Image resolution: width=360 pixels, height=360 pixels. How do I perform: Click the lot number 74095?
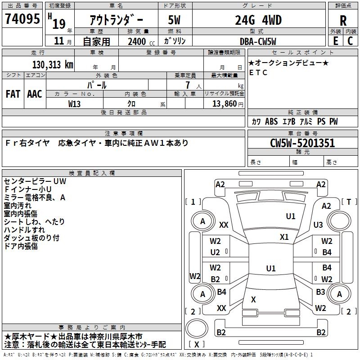pos(22,19)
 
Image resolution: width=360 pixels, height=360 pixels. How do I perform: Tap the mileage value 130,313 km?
pos(53,65)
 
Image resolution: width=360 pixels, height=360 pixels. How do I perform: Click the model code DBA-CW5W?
pos(264,41)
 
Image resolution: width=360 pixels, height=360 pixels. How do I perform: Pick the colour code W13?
pos(75,103)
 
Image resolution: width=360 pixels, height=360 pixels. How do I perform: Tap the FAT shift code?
pos(13,94)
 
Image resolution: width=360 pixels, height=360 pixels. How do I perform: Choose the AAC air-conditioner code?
pos(35,94)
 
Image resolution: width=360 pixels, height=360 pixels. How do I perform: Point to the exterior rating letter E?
pos(335,41)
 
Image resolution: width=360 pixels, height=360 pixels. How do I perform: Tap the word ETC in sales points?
pos(258,73)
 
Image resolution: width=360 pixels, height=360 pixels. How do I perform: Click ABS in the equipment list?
pos(271,122)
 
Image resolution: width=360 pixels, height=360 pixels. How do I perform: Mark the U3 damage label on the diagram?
pos(318,225)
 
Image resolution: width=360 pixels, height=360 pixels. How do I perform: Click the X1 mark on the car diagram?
pos(284,237)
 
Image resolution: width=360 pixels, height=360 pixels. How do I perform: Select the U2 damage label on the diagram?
pos(215,252)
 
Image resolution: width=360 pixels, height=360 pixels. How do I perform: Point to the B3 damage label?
pos(320,292)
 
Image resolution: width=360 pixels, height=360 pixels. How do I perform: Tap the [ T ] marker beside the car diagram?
pos(349,202)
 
